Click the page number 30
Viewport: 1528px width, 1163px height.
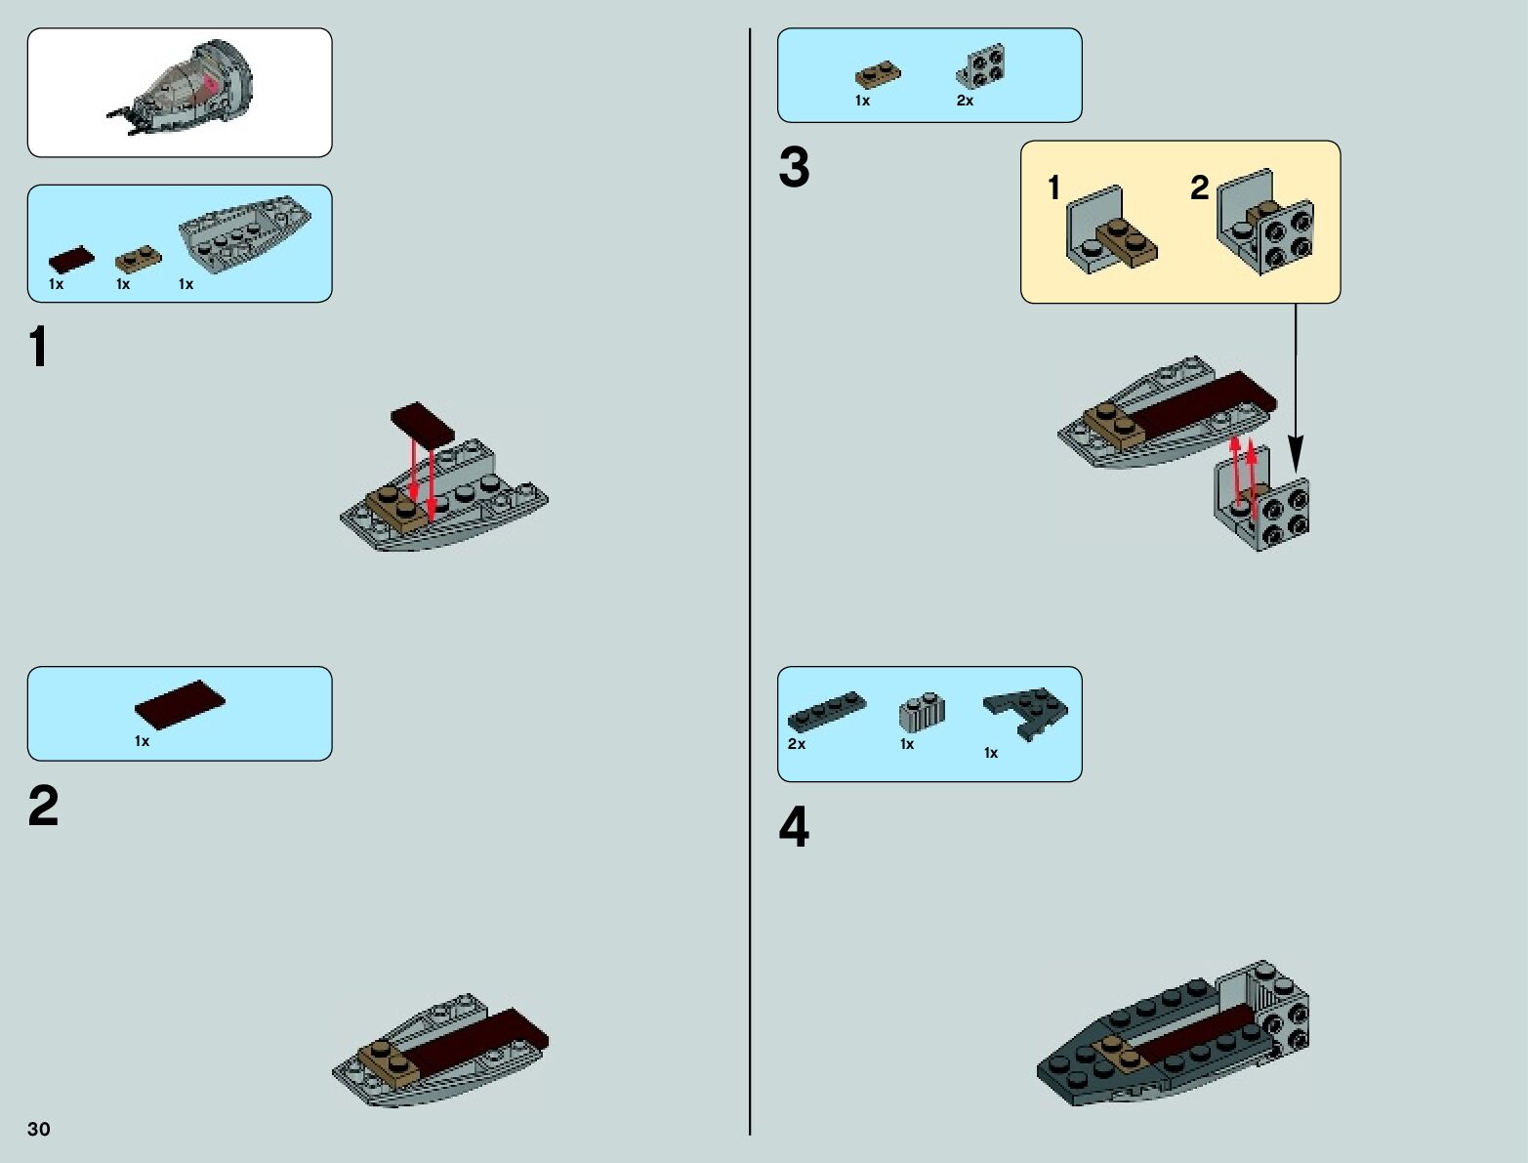click(x=38, y=1129)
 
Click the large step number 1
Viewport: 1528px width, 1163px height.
click(x=38, y=348)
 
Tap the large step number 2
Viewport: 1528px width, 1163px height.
click(x=43, y=807)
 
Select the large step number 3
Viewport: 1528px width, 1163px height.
click(x=794, y=168)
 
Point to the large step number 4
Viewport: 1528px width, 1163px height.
click(x=794, y=828)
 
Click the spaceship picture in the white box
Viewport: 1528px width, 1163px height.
click(x=186, y=90)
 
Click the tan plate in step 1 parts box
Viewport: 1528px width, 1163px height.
click(x=139, y=260)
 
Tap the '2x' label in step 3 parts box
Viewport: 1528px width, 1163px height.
click(x=965, y=101)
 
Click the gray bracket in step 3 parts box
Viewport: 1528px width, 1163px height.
click(x=980, y=66)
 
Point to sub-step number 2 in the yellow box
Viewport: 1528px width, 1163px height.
click(x=1199, y=187)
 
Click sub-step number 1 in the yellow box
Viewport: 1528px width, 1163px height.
click(x=1053, y=187)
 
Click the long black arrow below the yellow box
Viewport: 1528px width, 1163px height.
click(x=1296, y=391)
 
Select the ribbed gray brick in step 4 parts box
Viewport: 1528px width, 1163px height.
click(x=922, y=713)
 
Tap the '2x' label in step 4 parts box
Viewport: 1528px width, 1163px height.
click(x=797, y=744)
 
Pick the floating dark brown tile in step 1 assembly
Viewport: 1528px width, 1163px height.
click(x=423, y=422)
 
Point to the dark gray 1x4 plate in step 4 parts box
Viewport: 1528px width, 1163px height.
click(x=827, y=712)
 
